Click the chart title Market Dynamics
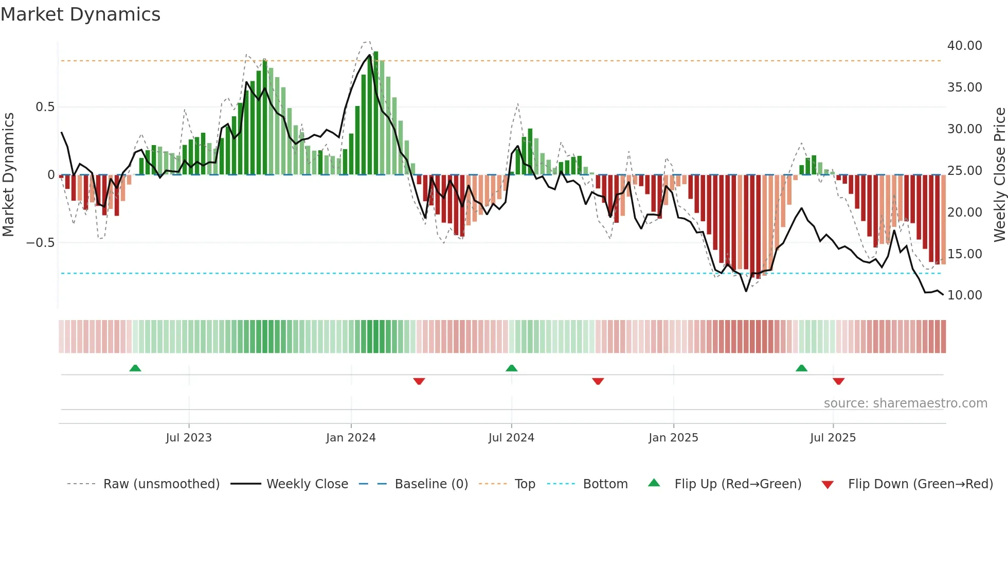pyautogui.click(x=81, y=14)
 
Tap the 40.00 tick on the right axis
pyautogui.click(x=964, y=46)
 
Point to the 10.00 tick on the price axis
pyautogui.click(x=964, y=295)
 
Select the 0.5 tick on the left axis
pyautogui.click(x=45, y=107)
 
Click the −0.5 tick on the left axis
pyautogui.click(x=40, y=243)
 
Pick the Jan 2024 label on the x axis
pyautogui.click(x=351, y=438)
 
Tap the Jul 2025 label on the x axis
pyautogui.click(x=833, y=438)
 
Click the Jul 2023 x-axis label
pyautogui.click(x=189, y=438)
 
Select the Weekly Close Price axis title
pyautogui.click(x=999, y=175)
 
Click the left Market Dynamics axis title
pyautogui.click(x=8, y=175)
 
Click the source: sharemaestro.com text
pyautogui.click(x=905, y=403)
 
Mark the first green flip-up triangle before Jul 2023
pyautogui.click(x=135, y=368)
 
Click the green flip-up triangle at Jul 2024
pyautogui.click(x=511, y=368)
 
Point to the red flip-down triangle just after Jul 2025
pyautogui.click(x=838, y=381)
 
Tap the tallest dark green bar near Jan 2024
pyautogui.click(x=376, y=113)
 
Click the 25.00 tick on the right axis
pyautogui.click(x=964, y=171)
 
